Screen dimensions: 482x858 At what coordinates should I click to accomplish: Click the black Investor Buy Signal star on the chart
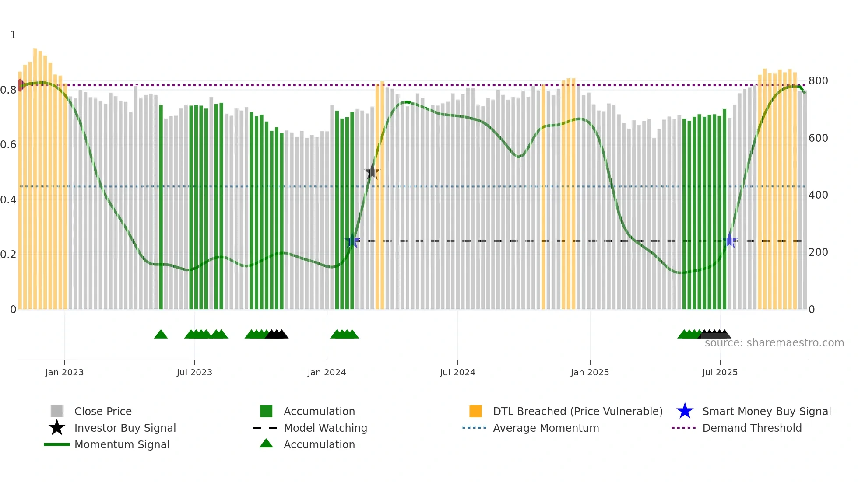(x=372, y=172)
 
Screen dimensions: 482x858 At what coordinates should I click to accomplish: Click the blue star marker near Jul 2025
(x=730, y=241)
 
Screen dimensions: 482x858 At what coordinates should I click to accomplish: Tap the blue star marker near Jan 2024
(x=352, y=241)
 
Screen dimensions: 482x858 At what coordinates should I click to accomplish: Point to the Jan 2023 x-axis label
(x=64, y=372)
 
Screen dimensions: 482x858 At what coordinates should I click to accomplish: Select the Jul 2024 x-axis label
(x=457, y=372)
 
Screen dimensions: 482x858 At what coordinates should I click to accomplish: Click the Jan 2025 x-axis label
(x=590, y=372)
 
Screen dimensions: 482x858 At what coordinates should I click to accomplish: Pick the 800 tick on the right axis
(x=818, y=81)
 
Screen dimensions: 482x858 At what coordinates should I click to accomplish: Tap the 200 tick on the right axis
(x=818, y=252)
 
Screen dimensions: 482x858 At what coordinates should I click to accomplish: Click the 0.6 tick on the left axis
(x=8, y=145)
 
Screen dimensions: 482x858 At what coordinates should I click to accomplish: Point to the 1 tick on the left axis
(x=13, y=35)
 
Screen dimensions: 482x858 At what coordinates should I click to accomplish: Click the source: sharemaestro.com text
(x=774, y=343)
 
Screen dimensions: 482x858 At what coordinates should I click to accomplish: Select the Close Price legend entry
(x=103, y=411)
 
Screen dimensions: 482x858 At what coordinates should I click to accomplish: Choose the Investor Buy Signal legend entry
(x=125, y=428)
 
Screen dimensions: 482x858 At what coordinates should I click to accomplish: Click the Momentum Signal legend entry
(x=122, y=444)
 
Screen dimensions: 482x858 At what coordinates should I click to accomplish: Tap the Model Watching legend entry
(x=325, y=428)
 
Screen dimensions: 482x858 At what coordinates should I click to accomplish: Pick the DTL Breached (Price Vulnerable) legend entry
(x=577, y=411)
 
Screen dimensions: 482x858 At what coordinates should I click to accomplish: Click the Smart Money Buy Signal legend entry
(x=767, y=411)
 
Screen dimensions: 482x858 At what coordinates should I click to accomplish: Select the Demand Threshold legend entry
(x=752, y=428)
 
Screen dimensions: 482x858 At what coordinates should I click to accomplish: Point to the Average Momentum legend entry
(x=546, y=428)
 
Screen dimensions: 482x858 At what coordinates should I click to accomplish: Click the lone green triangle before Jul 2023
(x=161, y=335)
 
